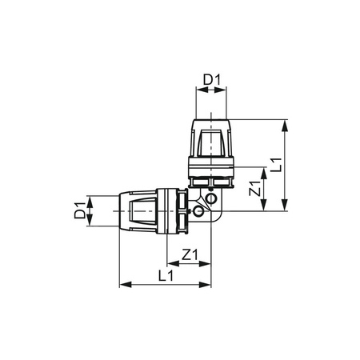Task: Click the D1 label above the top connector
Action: [211, 80]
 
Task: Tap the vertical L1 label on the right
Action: [275, 166]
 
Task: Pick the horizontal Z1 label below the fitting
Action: [190, 254]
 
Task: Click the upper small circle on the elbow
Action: [210, 198]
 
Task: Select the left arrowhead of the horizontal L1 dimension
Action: [122, 283]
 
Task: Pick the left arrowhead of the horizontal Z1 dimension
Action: [169, 263]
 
